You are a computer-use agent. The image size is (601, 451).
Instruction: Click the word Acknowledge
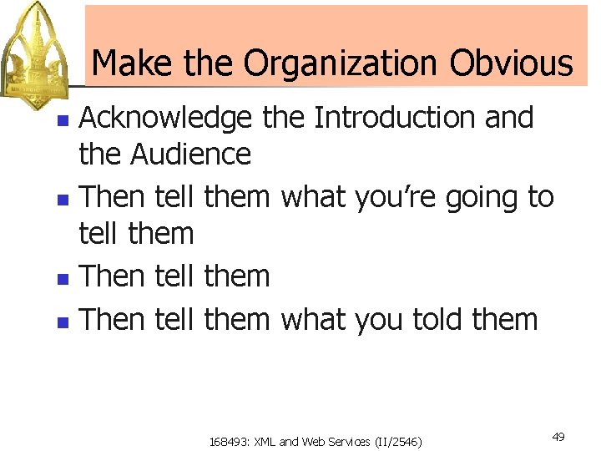coord(164,119)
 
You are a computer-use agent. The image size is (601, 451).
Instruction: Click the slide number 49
coord(558,437)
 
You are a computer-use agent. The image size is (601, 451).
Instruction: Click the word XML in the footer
coord(264,441)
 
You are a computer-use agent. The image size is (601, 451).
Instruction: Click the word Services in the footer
coord(344,441)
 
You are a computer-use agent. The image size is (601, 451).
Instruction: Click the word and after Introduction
coord(509,118)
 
